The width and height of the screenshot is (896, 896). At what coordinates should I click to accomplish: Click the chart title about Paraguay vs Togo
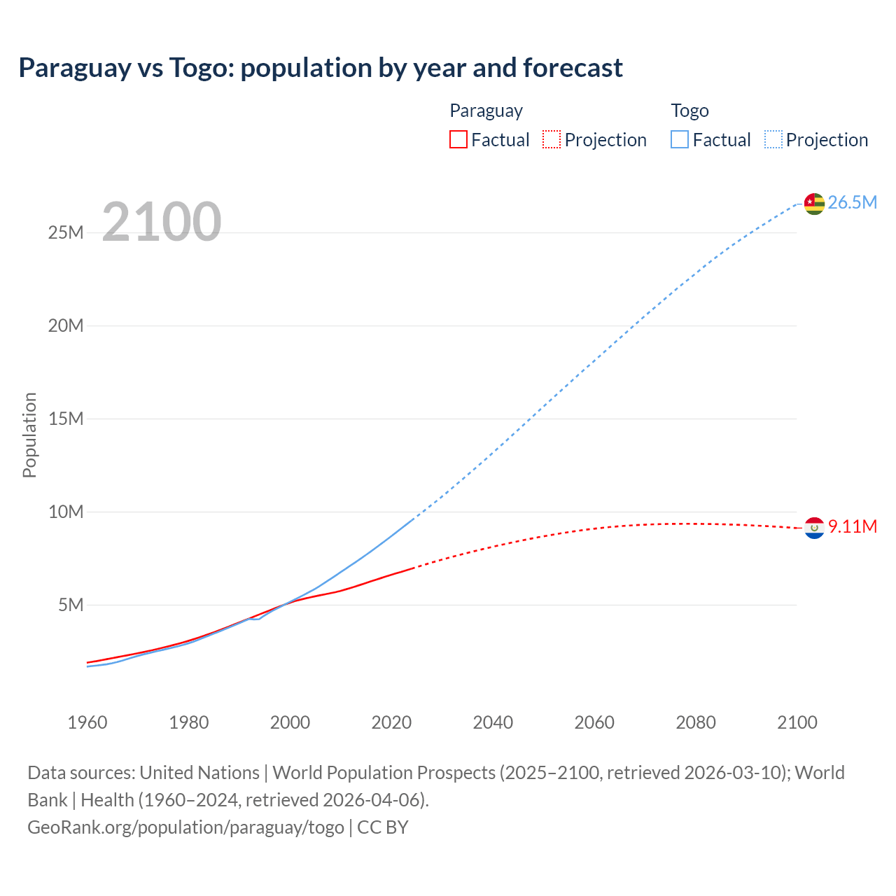tap(320, 68)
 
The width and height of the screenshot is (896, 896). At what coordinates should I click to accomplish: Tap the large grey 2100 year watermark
tap(162, 222)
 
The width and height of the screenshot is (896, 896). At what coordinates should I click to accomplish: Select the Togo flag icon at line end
tap(814, 203)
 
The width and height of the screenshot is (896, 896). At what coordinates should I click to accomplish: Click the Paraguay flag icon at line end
tap(814, 528)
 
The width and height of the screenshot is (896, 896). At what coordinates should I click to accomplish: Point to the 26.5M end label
tap(852, 203)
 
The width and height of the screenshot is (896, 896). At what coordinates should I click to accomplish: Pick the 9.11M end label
tap(852, 527)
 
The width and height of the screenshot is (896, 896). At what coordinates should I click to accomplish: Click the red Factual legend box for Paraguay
tap(458, 140)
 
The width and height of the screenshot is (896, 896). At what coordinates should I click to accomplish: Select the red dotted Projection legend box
tap(552, 140)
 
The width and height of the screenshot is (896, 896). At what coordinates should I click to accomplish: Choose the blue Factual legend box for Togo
tap(680, 140)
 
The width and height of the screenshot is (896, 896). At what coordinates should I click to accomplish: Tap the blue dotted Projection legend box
tap(773, 140)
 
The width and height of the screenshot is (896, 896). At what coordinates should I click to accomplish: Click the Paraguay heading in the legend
tap(486, 111)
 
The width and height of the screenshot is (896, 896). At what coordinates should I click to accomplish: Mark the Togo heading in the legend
tap(689, 111)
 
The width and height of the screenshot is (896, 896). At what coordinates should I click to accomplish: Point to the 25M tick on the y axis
tap(66, 232)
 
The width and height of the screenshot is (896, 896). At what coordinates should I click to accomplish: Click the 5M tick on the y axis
tap(71, 605)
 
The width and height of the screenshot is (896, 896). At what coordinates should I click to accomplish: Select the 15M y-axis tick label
tap(66, 419)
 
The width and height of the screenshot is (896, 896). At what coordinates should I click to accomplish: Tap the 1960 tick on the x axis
tap(87, 722)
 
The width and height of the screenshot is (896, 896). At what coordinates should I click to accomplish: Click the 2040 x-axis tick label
tap(493, 722)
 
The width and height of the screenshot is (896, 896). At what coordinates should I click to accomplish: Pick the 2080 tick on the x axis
tap(696, 722)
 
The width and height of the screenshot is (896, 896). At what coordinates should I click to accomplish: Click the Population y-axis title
tap(29, 435)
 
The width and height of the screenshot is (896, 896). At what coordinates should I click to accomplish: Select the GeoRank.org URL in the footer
tap(185, 827)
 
